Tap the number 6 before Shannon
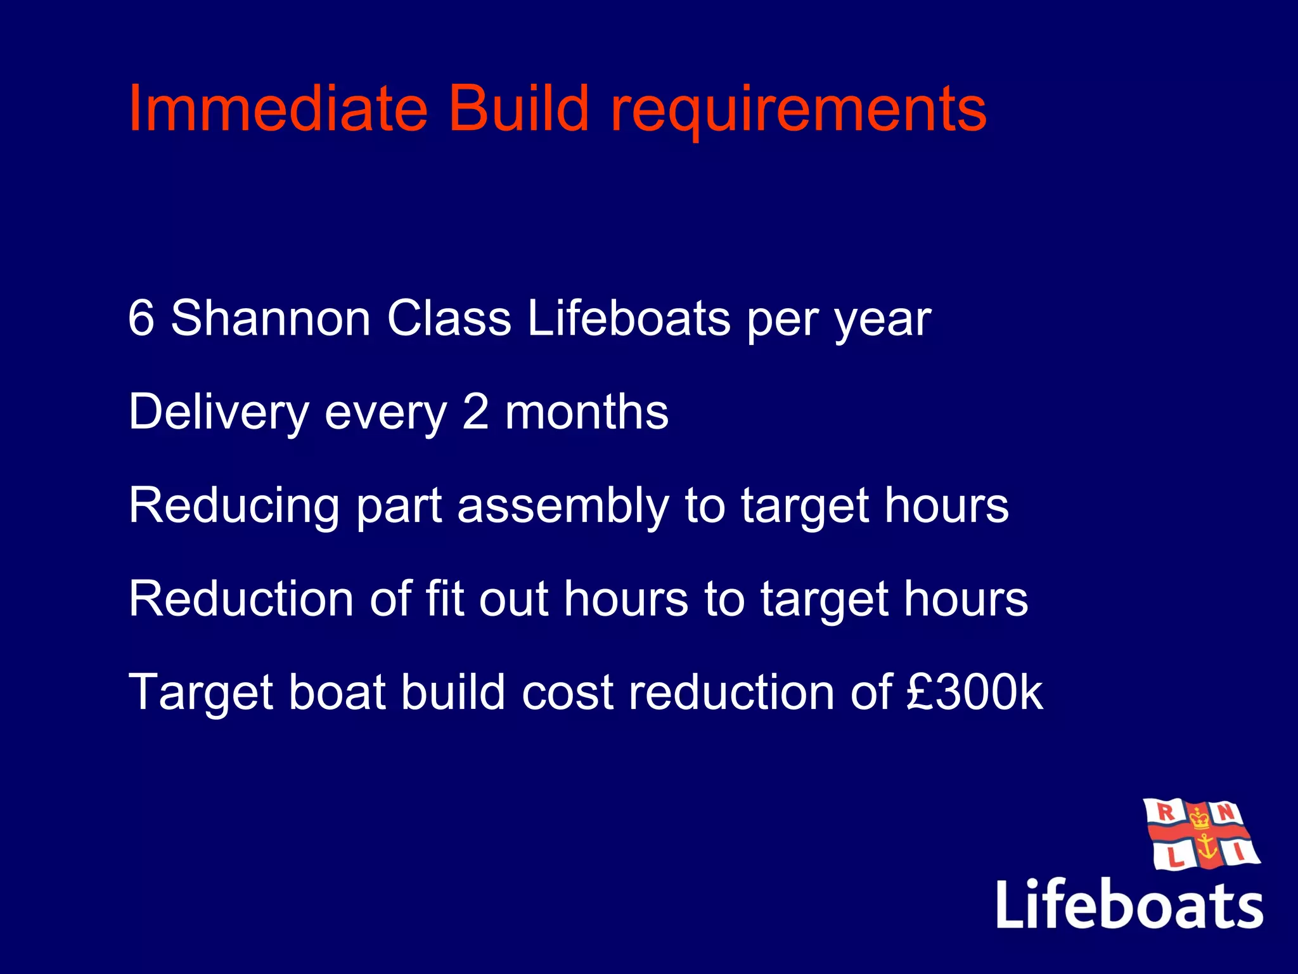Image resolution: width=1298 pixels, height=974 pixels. pos(141,318)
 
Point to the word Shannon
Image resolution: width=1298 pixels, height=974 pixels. pos(271,318)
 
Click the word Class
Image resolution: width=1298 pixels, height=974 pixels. pos(449,318)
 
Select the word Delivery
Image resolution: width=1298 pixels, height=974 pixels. pos(218,413)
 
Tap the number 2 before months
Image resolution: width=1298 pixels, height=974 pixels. pos(475,412)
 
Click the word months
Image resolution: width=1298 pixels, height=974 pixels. pos(586,412)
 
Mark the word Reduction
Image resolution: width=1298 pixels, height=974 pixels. pos(241,599)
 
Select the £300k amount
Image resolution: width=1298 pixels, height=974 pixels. pos(973,692)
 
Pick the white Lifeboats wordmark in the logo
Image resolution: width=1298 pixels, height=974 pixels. pos(1129,904)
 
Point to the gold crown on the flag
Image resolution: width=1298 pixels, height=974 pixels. pos(1199,817)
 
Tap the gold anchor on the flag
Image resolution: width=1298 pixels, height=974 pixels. pos(1205,847)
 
